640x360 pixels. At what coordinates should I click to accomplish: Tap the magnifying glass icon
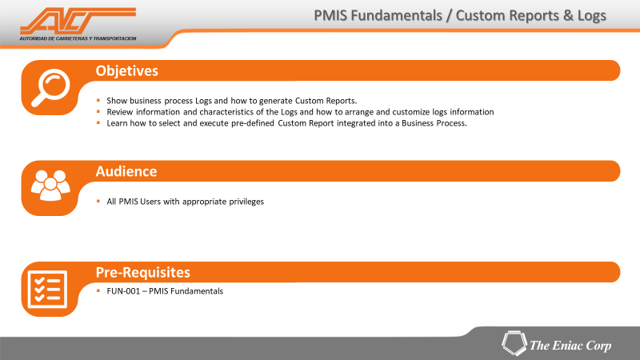pos(51,87)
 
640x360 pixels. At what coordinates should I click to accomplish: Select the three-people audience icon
pos(50,185)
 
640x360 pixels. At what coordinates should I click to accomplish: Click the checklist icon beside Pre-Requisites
pos(47,290)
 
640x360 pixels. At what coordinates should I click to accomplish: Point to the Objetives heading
pos(127,71)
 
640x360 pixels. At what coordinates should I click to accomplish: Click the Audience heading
pos(126,171)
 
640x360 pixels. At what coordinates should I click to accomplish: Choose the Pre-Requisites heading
pos(143,272)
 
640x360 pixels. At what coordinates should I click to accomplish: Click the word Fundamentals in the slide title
pos(396,15)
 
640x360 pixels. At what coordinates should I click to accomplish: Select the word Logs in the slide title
pos(592,16)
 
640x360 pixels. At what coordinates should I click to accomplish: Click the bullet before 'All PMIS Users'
pos(98,201)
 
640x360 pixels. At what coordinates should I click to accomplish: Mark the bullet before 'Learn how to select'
pos(98,122)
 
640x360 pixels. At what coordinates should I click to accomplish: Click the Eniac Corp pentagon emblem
pos(514,343)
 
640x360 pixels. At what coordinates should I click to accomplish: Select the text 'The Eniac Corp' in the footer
pos(570,346)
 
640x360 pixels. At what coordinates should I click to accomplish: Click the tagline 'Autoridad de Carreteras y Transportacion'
pos(78,38)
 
